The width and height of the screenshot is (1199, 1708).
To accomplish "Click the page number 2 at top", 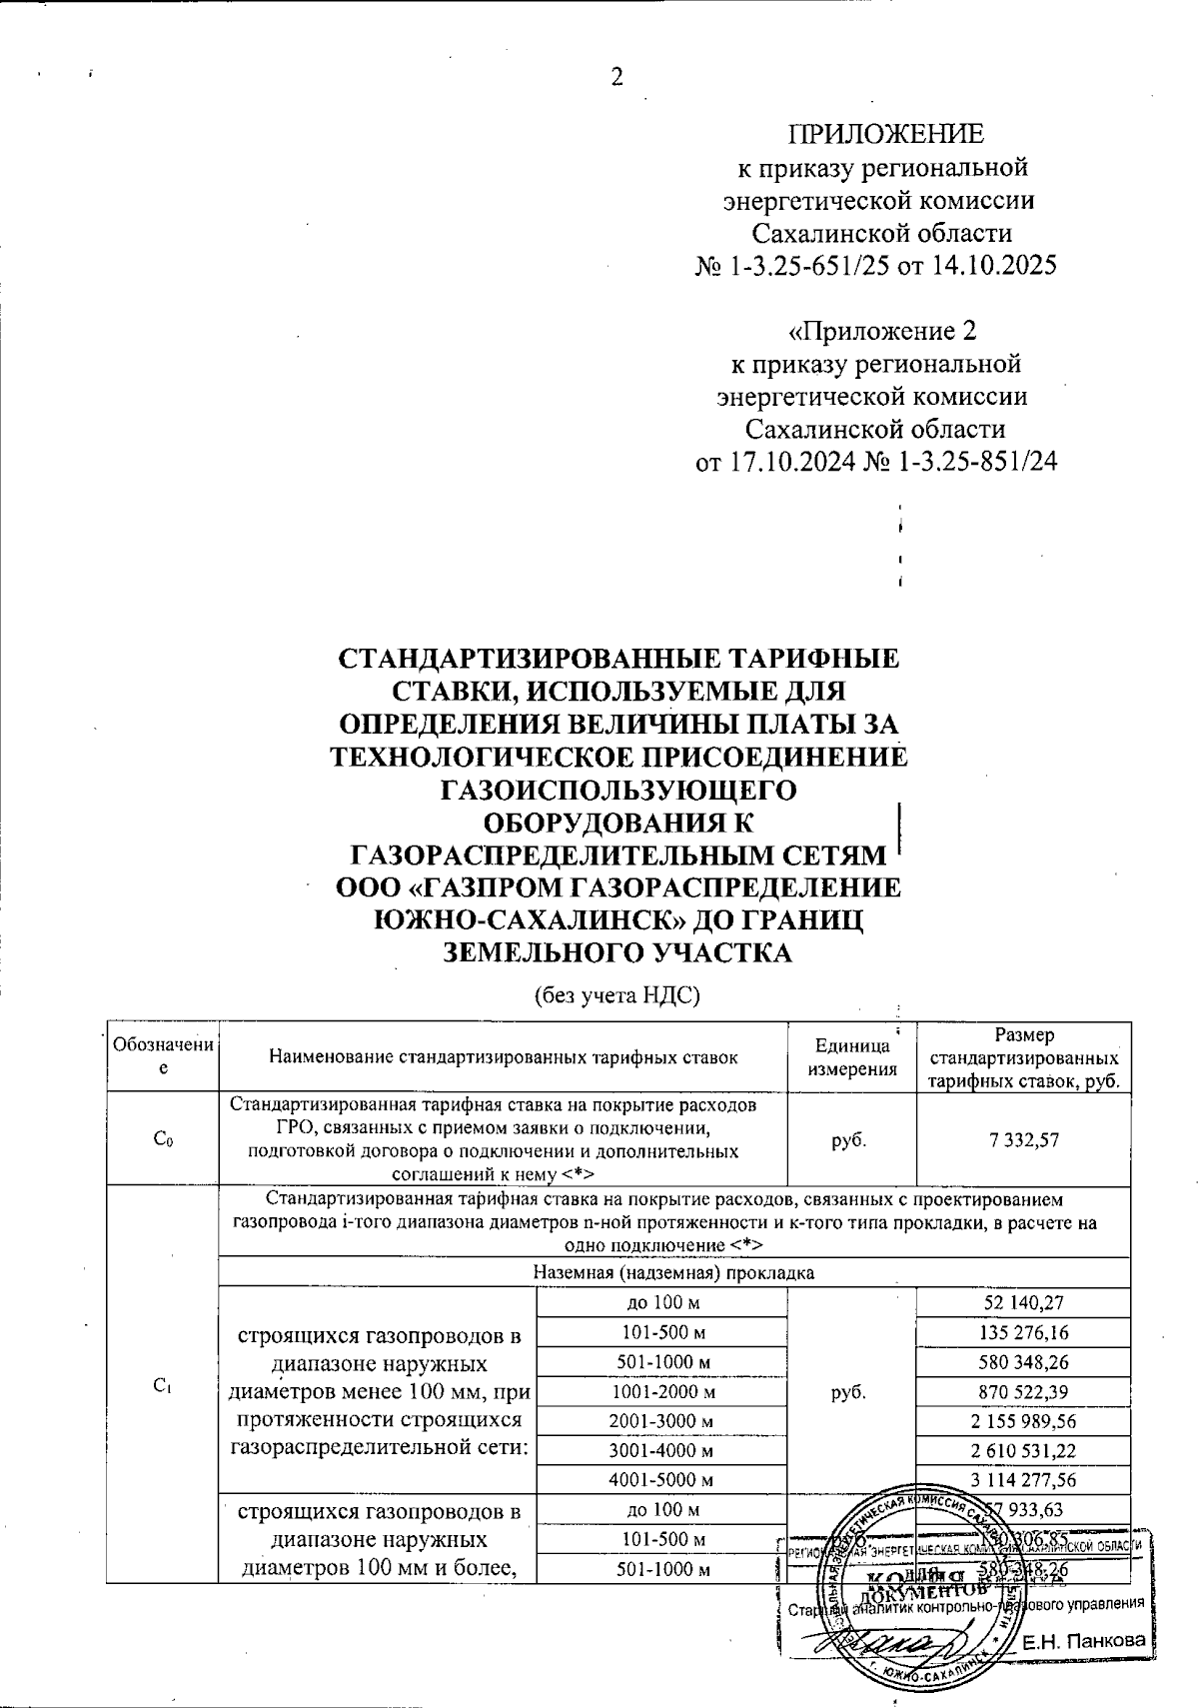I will pyautogui.click(x=616, y=78).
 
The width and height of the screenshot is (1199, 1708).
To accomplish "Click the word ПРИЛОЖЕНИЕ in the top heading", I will pyautogui.click(x=886, y=134).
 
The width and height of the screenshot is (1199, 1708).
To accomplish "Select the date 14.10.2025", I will pyautogui.click(x=981, y=267).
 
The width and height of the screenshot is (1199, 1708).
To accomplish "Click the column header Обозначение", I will pyautogui.click(x=163, y=1056).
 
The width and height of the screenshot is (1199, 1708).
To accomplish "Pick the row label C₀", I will pyautogui.click(x=163, y=1140).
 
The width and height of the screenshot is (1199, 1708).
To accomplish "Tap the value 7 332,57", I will pyautogui.click(x=1023, y=1140).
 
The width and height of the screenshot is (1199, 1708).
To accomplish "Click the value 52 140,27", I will pyautogui.click(x=1023, y=1302).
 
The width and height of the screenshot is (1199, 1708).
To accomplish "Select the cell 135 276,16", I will pyautogui.click(x=1023, y=1332).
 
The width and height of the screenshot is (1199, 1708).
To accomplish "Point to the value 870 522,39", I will pyautogui.click(x=1023, y=1391).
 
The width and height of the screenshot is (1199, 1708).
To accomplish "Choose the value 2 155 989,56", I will pyautogui.click(x=1023, y=1420).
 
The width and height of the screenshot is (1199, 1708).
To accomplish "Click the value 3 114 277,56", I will pyautogui.click(x=1023, y=1479).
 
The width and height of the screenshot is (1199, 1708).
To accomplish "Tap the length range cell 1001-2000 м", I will pyautogui.click(x=662, y=1391).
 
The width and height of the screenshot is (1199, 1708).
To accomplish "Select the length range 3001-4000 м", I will pyautogui.click(x=662, y=1450).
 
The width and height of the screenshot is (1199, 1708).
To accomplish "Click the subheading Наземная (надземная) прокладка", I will pyautogui.click(x=674, y=1272).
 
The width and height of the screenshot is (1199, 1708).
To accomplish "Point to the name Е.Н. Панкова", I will pyautogui.click(x=1083, y=1642).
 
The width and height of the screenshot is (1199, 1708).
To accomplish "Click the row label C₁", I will pyautogui.click(x=163, y=1385).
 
